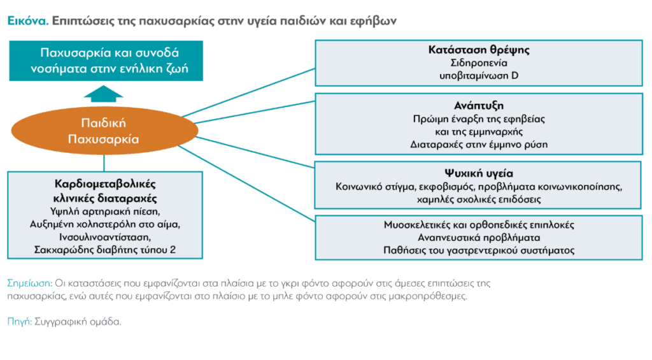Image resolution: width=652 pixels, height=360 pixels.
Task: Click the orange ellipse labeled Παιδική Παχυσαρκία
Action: [104, 131]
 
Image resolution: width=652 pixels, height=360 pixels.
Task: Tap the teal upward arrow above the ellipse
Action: [104, 94]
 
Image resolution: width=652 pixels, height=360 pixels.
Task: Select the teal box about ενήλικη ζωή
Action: [106, 61]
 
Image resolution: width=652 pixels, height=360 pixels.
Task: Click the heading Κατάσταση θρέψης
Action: [479, 50]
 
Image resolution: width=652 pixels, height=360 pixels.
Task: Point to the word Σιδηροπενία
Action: [479, 63]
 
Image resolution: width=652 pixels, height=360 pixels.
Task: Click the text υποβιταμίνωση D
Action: [479, 76]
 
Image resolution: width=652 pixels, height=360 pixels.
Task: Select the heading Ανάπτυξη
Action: [479, 106]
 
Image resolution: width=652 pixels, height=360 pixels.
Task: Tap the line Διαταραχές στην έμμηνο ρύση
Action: [479, 145]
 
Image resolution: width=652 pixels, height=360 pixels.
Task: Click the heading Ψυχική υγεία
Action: [479, 173]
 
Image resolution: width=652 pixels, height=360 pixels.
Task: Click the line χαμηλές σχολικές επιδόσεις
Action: [479, 199]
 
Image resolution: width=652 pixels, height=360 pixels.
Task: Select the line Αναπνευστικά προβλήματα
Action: [479, 238]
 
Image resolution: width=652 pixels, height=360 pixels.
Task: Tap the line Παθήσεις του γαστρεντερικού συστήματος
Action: [479, 250]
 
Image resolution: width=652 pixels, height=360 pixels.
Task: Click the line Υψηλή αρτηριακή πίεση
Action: [105, 212]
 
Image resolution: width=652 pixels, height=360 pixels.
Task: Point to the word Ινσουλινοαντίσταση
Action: [105, 237]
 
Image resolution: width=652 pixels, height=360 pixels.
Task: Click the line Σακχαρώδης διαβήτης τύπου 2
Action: [105, 250]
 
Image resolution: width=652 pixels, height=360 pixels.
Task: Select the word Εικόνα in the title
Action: [28, 20]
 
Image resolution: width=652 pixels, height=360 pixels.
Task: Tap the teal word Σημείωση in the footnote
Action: [29, 284]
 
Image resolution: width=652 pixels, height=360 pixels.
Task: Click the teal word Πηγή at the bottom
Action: [20, 322]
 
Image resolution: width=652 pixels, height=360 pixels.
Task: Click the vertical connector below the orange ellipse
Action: [104, 163]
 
